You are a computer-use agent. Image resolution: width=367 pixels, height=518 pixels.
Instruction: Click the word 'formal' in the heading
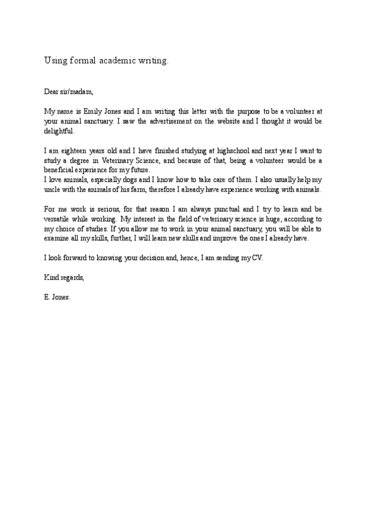pos(81,60)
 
